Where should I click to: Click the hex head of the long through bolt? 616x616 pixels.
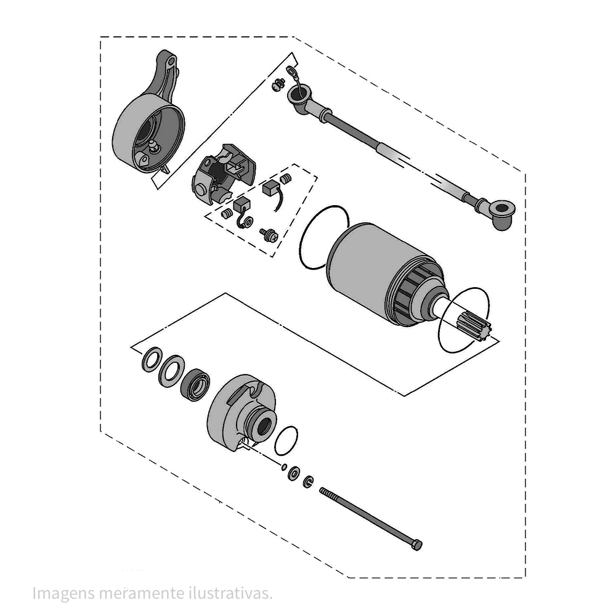click(417, 545)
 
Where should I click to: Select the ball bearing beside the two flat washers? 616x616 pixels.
click(195, 385)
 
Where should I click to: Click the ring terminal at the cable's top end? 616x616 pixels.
click(292, 71)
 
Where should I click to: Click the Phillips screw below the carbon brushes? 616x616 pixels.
click(269, 235)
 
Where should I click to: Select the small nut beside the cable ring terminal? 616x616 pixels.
click(278, 84)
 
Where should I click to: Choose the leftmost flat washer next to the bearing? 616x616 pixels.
click(152, 360)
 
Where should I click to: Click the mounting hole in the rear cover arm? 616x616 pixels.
click(171, 62)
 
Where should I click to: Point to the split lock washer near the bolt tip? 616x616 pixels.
click(309, 481)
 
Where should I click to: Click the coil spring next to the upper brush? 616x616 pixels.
click(286, 179)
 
